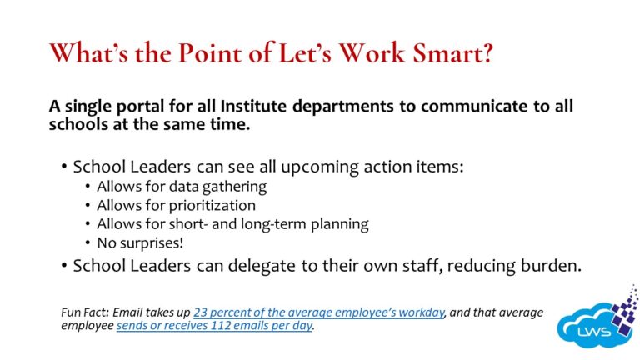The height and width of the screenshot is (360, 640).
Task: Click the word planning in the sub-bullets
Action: click(x=338, y=224)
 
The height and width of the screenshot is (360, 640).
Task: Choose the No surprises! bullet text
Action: click(x=141, y=243)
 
